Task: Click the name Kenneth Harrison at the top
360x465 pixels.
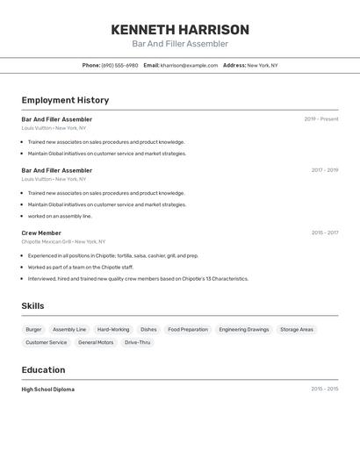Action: click(180, 30)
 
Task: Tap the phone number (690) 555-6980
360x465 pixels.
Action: click(119, 66)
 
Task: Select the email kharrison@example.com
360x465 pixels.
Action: click(189, 66)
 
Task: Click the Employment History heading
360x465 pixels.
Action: click(65, 100)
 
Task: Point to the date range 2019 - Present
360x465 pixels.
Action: click(320, 119)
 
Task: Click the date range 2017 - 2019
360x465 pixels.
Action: click(324, 170)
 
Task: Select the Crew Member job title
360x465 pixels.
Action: click(41, 233)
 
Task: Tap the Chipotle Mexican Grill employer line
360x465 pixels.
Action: click(63, 241)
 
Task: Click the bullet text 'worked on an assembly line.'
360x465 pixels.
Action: click(60, 216)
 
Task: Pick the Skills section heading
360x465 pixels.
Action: click(33, 306)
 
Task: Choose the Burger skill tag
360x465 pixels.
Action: click(33, 330)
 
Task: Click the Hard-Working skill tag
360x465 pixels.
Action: click(113, 330)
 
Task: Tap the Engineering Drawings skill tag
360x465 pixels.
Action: click(244, 330)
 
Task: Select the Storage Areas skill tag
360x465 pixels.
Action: click(297, 330)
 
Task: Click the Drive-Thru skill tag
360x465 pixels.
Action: click(137, 343)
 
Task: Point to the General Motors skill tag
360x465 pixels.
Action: click(96, 343)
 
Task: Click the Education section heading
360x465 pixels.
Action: click(43, 370)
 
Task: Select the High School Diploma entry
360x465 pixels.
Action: click(48, 390)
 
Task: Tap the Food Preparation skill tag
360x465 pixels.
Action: click(188, 330)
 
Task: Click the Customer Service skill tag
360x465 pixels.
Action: click(47, 343)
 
